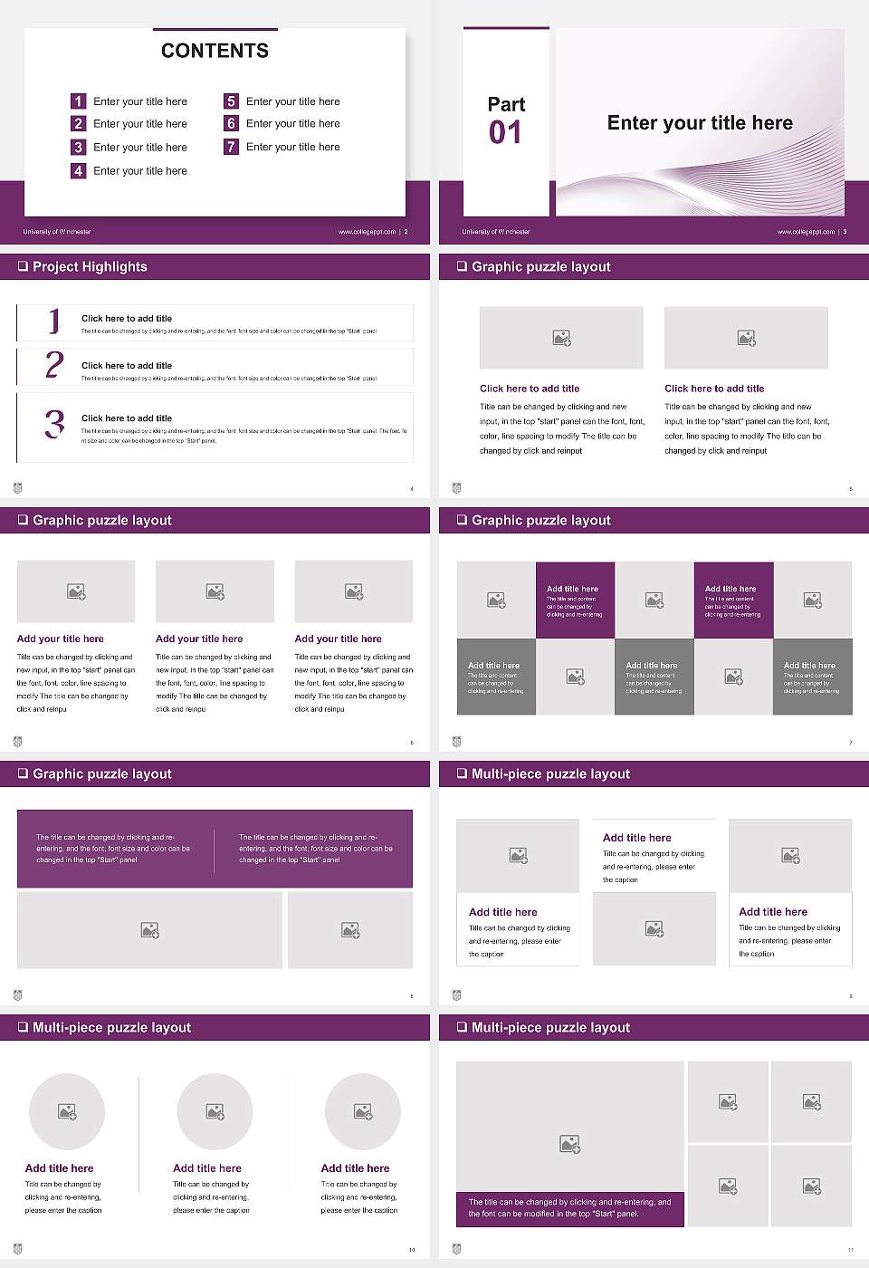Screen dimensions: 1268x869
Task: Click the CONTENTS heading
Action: [x=215, y=51]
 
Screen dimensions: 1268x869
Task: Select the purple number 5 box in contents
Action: [x=231, y=101]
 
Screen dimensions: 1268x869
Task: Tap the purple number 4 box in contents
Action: [x=79, y=170]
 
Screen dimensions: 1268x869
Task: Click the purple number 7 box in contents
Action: [x=231, y=147]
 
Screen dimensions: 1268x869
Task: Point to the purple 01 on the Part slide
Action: [x=505, y=133]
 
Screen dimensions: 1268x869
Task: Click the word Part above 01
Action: [x=506, y=104]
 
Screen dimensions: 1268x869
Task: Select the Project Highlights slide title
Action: [x=90, y=266]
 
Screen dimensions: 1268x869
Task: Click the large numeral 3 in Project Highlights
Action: [x=54, y=424]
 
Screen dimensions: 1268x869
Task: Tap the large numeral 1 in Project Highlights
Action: [x=54, y=321]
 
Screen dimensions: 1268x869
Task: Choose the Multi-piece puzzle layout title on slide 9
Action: [x=550, y=773]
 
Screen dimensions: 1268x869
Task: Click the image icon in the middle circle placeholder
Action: [x=215, y=1111]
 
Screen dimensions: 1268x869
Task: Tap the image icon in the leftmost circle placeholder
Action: [x=67, y=1111]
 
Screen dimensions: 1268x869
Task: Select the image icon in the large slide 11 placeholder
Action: [x=569, y=1145]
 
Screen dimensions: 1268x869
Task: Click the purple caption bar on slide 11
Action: [x=569, y=1208]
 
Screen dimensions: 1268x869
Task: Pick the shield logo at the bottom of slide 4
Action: [x=17, y=488]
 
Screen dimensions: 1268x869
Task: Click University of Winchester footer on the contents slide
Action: [x=57, y=232]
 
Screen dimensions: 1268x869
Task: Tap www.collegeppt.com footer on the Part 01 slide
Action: [x=806, y=232]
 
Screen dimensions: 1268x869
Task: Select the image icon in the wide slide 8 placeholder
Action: [x=150, y=930]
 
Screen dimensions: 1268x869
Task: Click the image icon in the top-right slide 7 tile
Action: [x=813, y=600]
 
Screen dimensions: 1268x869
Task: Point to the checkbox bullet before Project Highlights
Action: [x=23, y=266]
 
